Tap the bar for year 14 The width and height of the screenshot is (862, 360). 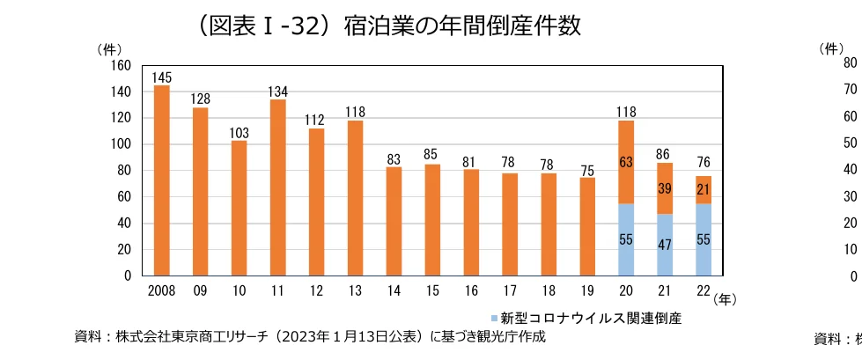pyautogui.click(x=394, y=221)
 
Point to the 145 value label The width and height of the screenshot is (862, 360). pyautogui.click(x=161, y=77)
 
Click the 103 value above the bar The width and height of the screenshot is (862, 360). pyautogui.click(x=239, y=133)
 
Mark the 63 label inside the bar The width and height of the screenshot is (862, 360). pyautogui.click(x=626, y=162)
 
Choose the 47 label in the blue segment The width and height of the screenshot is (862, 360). pyautogui.click(x=665, y=246)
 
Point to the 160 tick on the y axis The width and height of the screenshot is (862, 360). pyautogui.click(x=121, y=66)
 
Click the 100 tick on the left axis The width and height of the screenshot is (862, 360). pyautogui.click(x=121, y=144)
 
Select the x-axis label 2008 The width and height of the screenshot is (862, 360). pyautogui.click(x=161, y=289)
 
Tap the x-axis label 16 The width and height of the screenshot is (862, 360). pyautogui.click(x=471, y=289)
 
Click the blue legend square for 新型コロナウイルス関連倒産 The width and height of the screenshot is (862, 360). pyautogui.click(x=493, y=314)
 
